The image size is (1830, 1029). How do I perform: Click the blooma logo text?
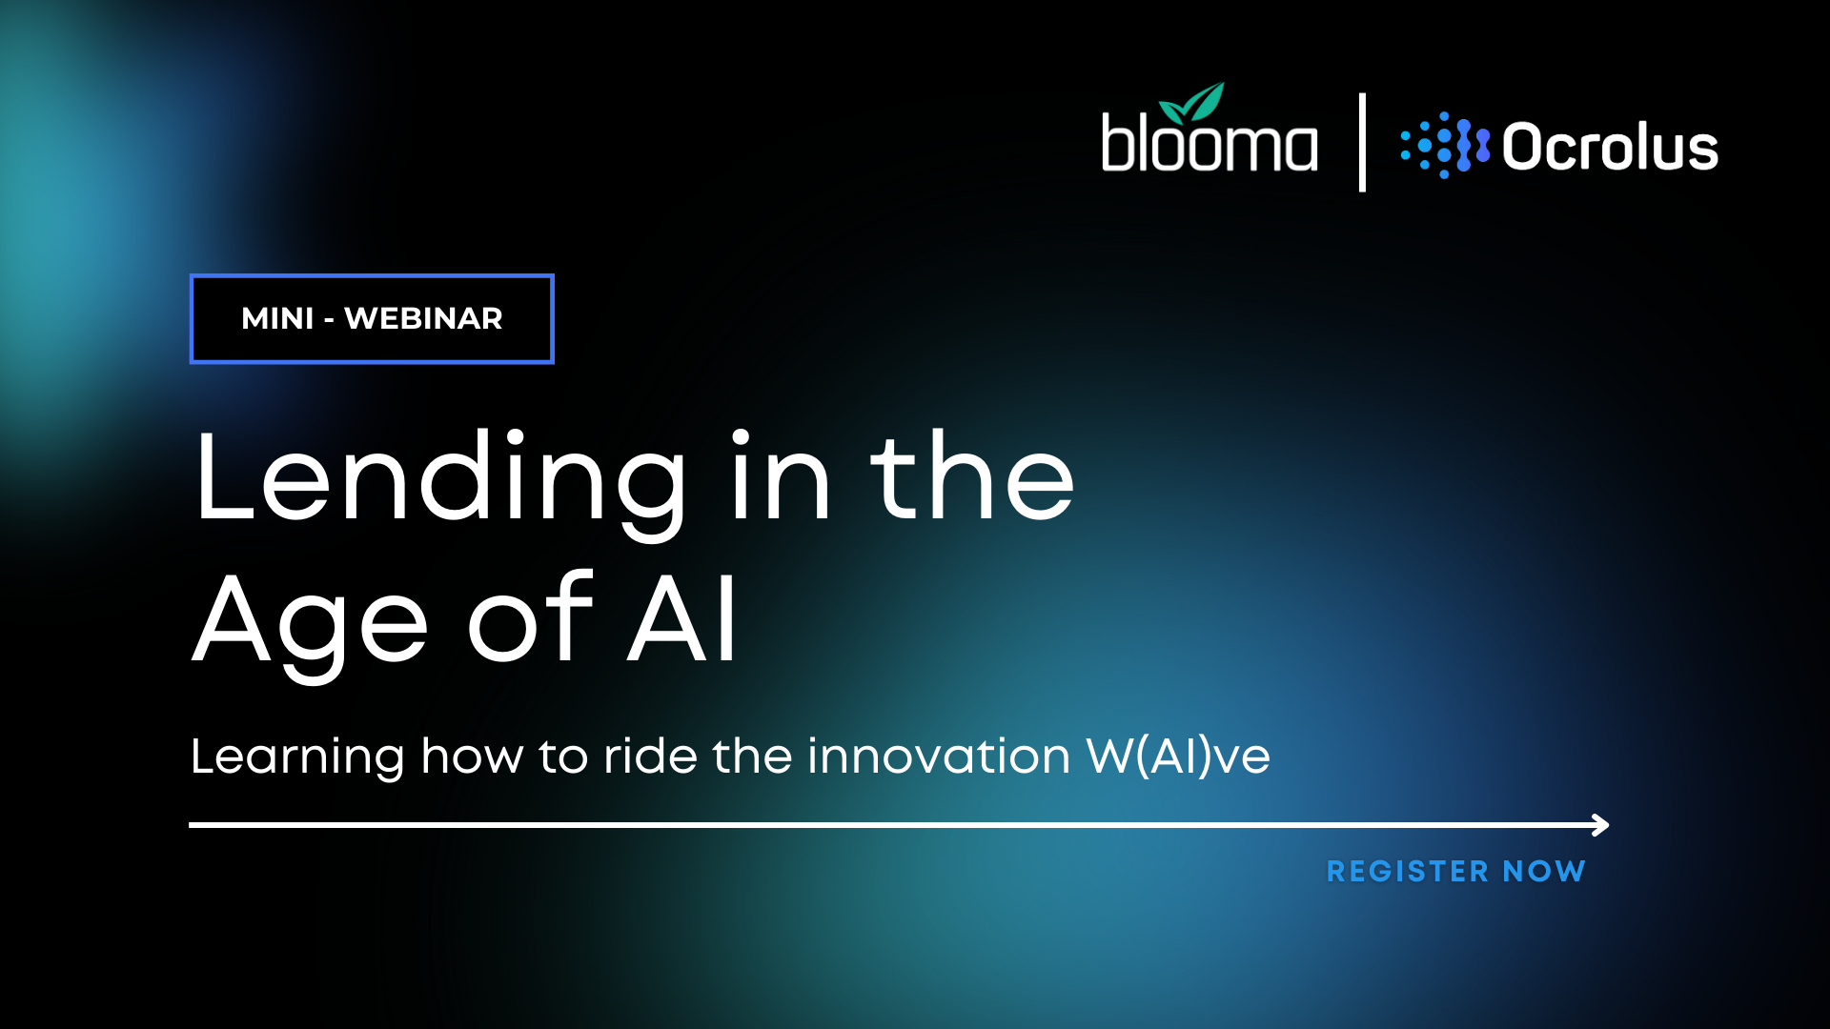pos(1210,142)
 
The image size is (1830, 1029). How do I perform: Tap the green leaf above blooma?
pos(1192,103)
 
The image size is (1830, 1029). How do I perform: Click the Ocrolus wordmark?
pos(1610,148)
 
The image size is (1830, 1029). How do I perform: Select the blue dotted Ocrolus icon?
pos(1445,146)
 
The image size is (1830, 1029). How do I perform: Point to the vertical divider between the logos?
pos(1362,142)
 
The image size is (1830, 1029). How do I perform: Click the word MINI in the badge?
pos(277,318)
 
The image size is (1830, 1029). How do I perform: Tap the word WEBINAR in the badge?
pos(423,318)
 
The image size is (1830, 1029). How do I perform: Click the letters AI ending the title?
pos(682,618)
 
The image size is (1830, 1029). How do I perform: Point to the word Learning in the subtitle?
pos(297,757)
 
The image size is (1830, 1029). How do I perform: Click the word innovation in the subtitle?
pos(939,757)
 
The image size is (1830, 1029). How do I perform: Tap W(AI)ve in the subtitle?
pos(1178,757)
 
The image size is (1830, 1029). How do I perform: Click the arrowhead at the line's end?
pos(1600,825)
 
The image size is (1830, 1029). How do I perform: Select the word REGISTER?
pos(1408,871)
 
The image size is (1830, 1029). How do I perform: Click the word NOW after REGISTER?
pos(1544,871)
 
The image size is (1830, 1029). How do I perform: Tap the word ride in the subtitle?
pos(651,757)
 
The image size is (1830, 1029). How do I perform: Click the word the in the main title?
pos(972,475)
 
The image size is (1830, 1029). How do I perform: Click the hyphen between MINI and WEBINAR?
pos(329,320)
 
